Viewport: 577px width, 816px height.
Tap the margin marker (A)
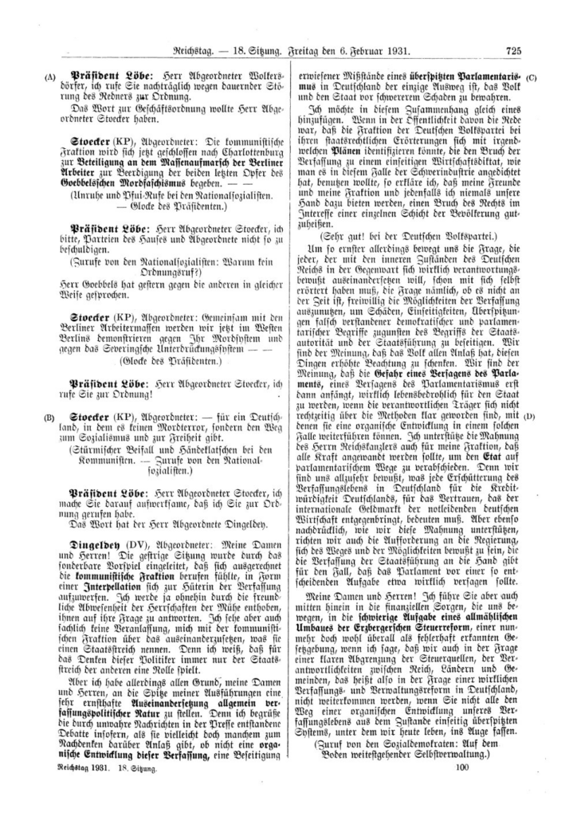pos(51,77)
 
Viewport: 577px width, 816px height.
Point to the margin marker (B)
pos(51,417)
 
